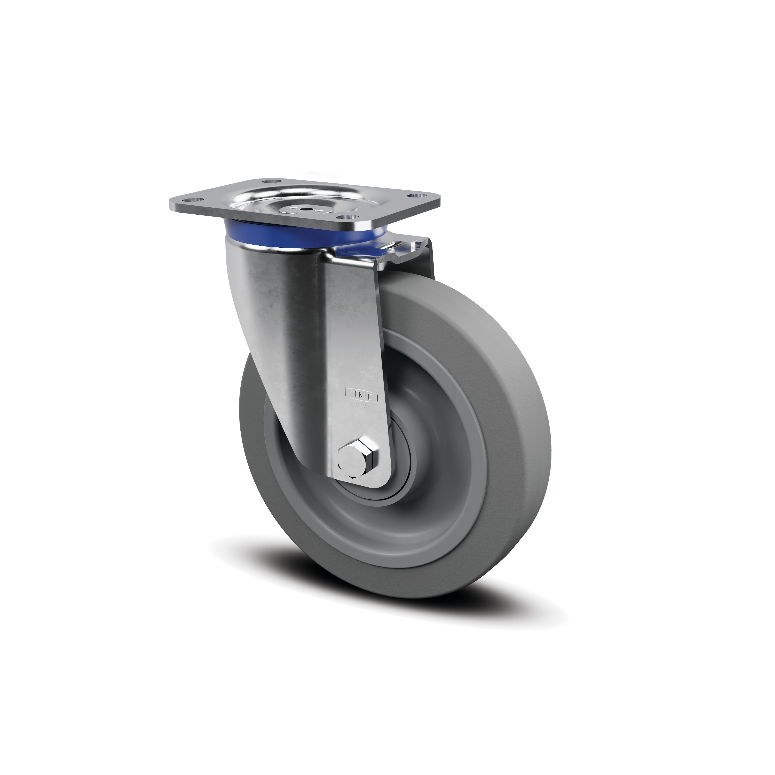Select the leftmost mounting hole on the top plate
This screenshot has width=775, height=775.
click(x=187, y=199)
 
